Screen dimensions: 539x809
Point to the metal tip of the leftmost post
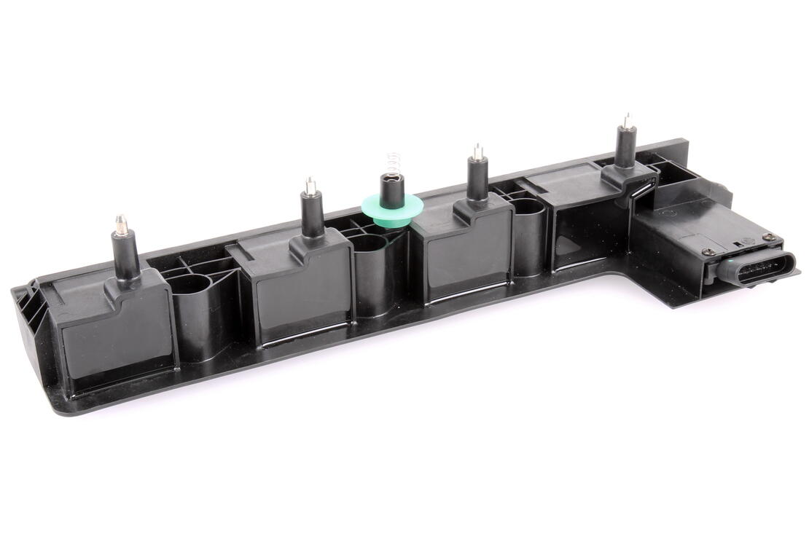pyautogui.click(x=121, y=221)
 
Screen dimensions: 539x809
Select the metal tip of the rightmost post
pyautogui.click(x=626, y=119)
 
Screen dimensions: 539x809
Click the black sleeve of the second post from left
pyautogui.click(x=312, y=215)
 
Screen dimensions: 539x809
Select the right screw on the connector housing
pyautogui.click(x=768, y=237)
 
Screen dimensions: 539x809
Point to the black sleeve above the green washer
pyautogui.click(x=394, y=189)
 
